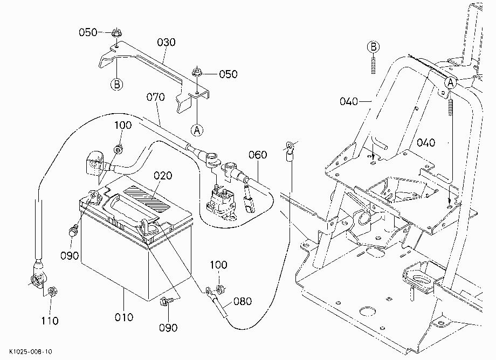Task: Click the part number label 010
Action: click(123, 317)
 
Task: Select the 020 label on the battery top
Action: click(163, 176)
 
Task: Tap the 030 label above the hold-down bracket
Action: click(166, 43)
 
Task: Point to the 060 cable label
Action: click(258, 155)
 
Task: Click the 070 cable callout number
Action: click(156, 97)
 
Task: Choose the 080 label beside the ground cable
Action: click(243, 301)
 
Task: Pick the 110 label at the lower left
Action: click(50, 321)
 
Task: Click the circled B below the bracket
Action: click(117, 85)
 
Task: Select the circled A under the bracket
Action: click(197, 130)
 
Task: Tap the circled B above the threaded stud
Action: click(373, 47)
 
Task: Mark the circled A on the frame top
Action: click(451, 83)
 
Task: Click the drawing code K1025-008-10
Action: click(30, 352)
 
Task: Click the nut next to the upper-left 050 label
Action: click(117, 32)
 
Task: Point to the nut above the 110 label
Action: click(52, 291)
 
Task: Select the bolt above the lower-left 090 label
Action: click(73, 230)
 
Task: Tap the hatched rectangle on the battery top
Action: click(147, 199)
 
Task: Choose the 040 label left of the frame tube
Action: click(349, 101)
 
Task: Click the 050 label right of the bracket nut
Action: click(228, 74)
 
